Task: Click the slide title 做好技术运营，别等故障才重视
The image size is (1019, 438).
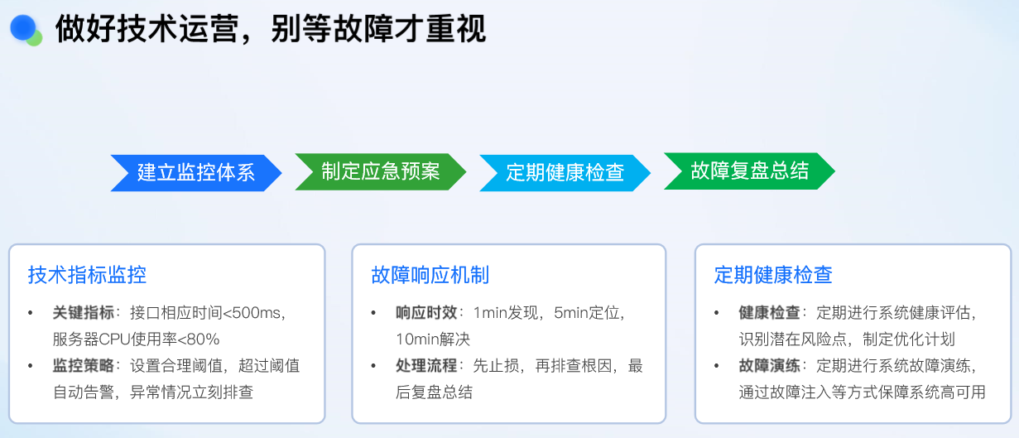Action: [271, 29]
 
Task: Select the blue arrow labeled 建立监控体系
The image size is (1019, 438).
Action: [196, 173]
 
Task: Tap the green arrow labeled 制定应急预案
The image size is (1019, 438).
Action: [380, 171]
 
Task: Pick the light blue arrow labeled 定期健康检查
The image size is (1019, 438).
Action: [565, 173]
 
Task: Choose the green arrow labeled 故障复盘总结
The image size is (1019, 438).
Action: [749, 171]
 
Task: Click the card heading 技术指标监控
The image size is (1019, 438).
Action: [87, 275]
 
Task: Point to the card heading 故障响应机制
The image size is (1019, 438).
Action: [430, 275]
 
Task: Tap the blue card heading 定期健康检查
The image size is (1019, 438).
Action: [773, 275]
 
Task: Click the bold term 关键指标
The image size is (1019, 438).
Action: [84, 313]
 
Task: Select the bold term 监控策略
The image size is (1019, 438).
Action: [84, 366]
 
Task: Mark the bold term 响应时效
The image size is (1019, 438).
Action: [426, 313]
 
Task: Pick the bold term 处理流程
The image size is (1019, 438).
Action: [426, 366]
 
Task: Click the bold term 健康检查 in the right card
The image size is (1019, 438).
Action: [769, 313]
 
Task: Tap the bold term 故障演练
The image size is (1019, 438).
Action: [769, 366]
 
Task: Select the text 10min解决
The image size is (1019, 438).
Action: [433, 339]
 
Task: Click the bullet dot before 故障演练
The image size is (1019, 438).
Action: [717, 366]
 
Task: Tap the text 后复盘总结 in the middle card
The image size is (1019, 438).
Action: [434, 392]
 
